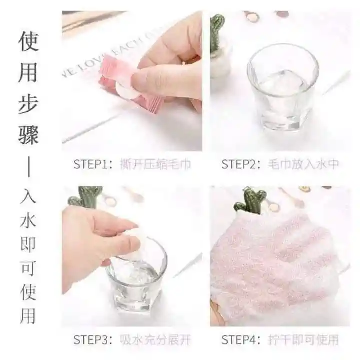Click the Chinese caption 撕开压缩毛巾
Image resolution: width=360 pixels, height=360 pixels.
[155, 164]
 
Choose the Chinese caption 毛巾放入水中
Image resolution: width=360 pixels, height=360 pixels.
[303, 164]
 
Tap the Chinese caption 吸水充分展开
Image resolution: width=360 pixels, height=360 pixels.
[155, 340]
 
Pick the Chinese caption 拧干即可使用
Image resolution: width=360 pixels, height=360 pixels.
[303, 340]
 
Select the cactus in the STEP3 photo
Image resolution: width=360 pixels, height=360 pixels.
[86, 197]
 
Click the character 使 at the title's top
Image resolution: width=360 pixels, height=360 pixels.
[28, 41]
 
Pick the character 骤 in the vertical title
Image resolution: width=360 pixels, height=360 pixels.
[28, 135]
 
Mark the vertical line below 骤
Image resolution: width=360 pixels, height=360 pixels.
[29, 166]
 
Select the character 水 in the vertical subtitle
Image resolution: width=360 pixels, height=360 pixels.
[28, 221]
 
